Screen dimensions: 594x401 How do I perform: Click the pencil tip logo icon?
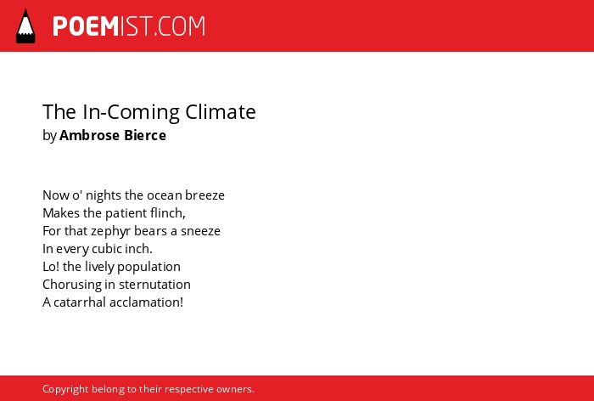click(25, 26)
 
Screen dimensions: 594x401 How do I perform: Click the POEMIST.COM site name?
click(129, 26)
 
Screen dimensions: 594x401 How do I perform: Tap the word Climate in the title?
click(221, 112)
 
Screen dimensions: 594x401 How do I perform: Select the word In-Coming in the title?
click(131, 113)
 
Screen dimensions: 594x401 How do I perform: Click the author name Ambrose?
click(90, 135)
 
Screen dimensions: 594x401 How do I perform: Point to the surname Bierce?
click(145, 135)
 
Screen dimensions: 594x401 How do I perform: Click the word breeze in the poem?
click(205, 195)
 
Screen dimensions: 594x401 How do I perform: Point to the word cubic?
click(107, 249)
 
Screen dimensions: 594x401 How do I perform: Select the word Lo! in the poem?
click(51, 267)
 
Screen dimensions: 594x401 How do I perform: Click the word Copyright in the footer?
click(65, 390)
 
